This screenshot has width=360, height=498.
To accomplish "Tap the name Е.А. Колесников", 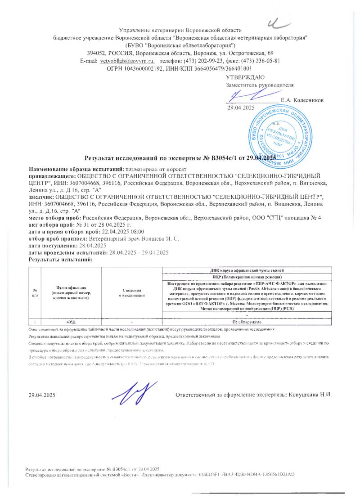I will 301,99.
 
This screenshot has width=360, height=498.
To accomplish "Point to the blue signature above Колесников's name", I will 245,95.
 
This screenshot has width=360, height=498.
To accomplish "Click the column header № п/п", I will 35,292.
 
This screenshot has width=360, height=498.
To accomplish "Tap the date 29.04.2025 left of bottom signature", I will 41,395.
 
